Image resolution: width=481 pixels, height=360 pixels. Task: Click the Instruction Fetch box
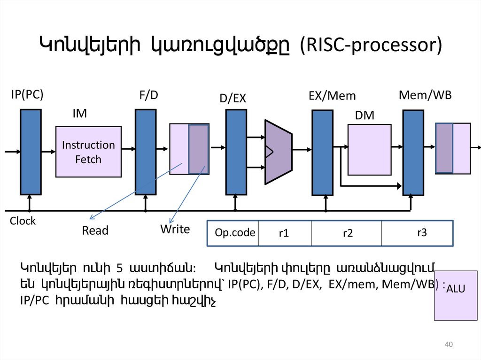(x=88, y=152)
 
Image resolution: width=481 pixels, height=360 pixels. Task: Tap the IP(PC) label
(x=27, y=94)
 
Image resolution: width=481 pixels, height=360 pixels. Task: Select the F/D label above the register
(x=148, y=95)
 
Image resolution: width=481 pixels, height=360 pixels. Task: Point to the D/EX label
(x=233, y=98)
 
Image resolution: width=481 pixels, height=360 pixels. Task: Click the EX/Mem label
(x=332, y=96)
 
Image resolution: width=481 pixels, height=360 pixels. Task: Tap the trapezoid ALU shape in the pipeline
(x=279, y=152)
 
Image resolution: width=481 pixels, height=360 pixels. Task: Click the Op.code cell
(x=235, y=233)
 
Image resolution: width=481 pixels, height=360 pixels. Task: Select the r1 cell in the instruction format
(x=283, y=233)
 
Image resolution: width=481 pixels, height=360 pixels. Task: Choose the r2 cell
(x=347, y=233)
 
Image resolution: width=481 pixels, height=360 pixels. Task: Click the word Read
(x=95, y=230)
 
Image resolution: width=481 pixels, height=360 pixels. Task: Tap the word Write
(x=175, y=230)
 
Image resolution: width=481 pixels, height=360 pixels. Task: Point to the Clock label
(x=23, y=221)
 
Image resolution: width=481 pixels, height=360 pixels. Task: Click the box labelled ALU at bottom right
(x=454, y=295)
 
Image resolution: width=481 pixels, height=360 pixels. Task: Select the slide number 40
(x=448, y=345)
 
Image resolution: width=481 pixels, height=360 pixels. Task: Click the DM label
(x=365, y=115)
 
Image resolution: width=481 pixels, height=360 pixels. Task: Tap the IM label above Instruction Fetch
(x=79, y=114)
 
